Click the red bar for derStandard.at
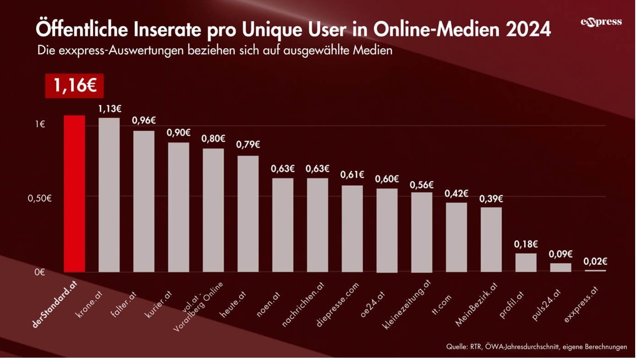(x=74, y=193)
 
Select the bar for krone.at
(x=109, y=195)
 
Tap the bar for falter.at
(x=144, y=201)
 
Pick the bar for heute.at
(x=248, y=214)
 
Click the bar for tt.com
(x=456, y=237)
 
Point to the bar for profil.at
(x=526, y=262)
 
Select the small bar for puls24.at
(x=560, y=267)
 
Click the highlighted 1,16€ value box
(x=74, y=86)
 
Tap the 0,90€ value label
(x=178, y=133)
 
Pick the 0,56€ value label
(x=422, y=185)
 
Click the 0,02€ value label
(x=595, y=261)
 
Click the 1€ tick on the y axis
(x=40, y=124)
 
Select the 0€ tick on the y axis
(x=40, y=272)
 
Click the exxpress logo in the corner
(x=601, y=22)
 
